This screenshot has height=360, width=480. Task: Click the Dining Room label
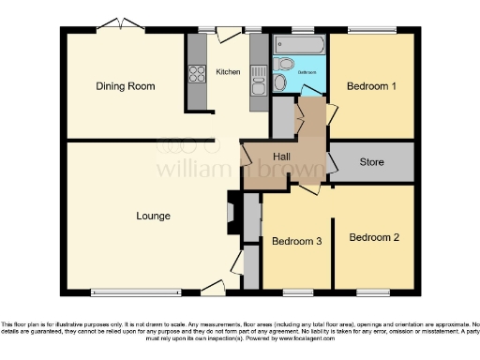(125, 86)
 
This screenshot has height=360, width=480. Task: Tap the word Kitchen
(228, 71)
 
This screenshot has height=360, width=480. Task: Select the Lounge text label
(153, 217)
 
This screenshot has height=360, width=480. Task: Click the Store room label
(372, 162)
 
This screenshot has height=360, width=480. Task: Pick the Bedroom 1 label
(371, 86)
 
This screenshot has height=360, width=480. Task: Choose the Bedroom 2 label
(374, 238)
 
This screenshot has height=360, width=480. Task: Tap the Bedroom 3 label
(296, 242)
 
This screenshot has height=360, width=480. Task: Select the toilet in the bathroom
(281, 82)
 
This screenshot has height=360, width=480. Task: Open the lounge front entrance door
(212, 286)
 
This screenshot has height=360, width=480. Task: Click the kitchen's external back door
(227, 34)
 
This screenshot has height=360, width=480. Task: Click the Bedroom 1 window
(372, 30)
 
